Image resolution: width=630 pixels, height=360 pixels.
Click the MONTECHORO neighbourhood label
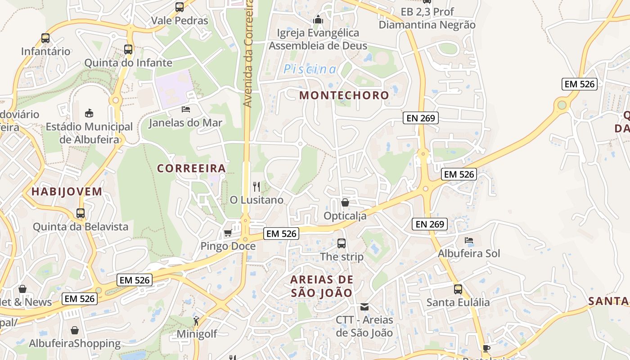click(x=344, y=95)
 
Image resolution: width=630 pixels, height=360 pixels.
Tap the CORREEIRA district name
click(x=191, y=168)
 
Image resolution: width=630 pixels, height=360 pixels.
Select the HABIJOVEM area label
click(x=67, y=192)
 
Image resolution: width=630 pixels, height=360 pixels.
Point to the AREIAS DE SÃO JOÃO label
click(x=322, y=286)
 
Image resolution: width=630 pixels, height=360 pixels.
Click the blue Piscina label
click(x=310, y=69)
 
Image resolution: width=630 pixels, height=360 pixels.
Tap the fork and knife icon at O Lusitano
click(x=256, y=186)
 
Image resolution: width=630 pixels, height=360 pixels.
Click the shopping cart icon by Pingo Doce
click(x=228, y=233)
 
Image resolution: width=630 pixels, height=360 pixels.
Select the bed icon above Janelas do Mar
click(x=185, y=109)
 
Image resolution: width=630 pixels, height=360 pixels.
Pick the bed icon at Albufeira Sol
click(x=469, y=240)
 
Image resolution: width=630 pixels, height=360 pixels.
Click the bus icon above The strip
click(x=342, y=243)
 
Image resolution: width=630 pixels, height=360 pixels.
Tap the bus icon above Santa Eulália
click(x=458, y=289)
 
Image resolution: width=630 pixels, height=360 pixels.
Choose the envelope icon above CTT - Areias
click(x=364, y=307)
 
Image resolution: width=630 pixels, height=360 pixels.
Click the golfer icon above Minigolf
click(x=196, y=321)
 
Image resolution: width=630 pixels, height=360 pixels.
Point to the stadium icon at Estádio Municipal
click(x=89, y=113)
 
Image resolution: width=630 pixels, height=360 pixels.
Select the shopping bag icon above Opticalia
click(x=345, y=202)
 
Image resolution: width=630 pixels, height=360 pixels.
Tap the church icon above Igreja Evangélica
click(x=318, y=20)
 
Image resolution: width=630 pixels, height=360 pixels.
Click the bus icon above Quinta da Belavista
click(x=81, y=213)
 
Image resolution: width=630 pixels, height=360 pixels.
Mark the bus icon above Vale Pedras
click(x=180, y=7)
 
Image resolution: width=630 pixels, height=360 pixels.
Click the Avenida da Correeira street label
click(x=248, y=54)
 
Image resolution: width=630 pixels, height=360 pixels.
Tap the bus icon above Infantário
click(x=45, y=38)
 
